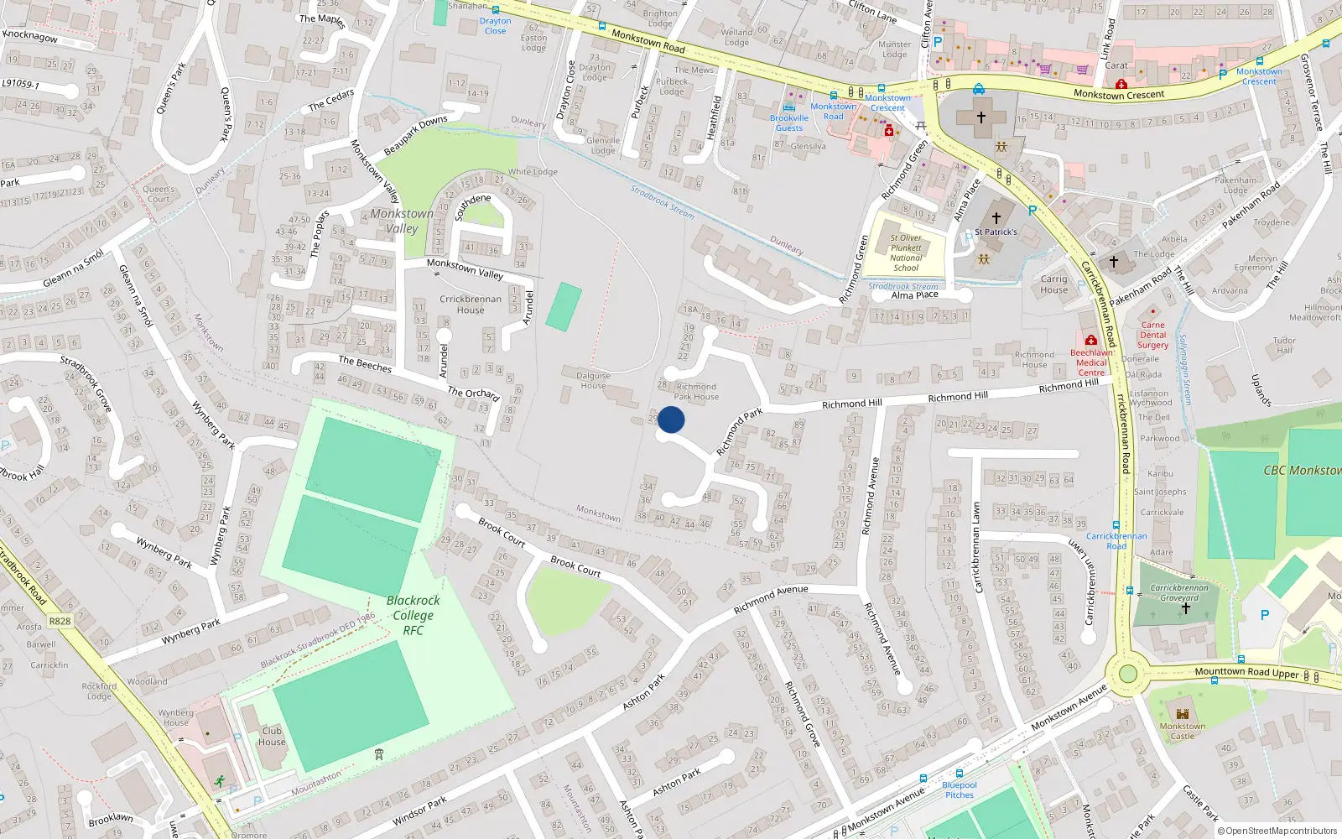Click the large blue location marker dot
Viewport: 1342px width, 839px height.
[x=671, y=419]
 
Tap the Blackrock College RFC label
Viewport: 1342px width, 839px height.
[x=414, y=615]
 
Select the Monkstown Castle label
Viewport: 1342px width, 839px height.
[x=1183, y=731]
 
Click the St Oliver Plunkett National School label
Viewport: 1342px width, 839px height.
[x=906, y=253]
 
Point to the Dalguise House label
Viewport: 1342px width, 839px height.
[x=593, y=380]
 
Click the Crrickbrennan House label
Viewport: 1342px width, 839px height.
[x=471, y=304]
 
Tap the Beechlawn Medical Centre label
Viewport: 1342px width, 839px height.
[x=1091, y=362]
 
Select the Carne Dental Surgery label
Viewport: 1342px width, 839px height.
[x=1152, y=335]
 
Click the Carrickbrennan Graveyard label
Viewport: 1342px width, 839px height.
[x=1179, y=592]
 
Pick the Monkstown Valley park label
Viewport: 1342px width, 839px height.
[x=402, y=221]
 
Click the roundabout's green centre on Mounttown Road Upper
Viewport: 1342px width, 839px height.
[x=1127, y=674]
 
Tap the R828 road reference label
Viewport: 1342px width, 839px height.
[x=60, y=622]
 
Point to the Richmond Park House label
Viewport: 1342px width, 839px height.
[x=696, y=392]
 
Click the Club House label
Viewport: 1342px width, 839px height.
[x=272, y=736]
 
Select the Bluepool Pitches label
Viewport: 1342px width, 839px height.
[x=960, y=789]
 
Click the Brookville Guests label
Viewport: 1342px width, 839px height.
[x=788, y=122]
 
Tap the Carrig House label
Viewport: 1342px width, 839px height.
[x=1054, y=284]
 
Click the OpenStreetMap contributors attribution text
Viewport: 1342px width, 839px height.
[x=1281, y=831]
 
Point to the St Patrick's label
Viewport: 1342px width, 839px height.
[x=996, y=232]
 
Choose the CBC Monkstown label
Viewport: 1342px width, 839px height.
[x=1302, y=470]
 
